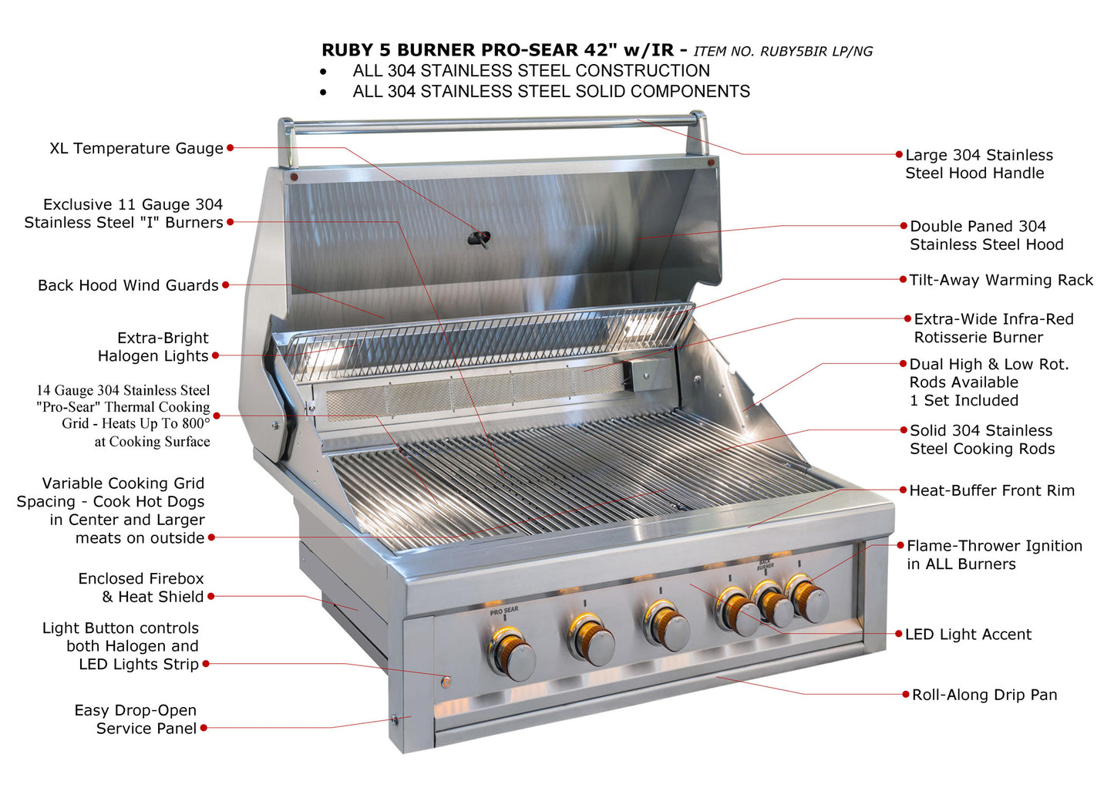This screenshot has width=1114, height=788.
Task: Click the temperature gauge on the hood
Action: point(480,238)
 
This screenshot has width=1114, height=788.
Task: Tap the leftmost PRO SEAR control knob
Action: point(511,653)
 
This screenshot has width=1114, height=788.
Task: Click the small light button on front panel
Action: point(446,682)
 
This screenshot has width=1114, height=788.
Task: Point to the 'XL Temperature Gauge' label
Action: point(136,148)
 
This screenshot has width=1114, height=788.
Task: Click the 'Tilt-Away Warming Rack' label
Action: point(1001,280)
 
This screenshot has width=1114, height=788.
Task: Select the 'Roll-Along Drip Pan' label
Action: point(984,695)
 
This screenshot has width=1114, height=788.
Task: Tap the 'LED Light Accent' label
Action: point(968,635)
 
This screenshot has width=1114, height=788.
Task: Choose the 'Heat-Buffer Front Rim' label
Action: point(991,490)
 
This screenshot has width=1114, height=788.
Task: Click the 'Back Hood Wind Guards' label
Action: point(128,285)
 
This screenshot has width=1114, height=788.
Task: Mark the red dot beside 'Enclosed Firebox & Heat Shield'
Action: point(211,596)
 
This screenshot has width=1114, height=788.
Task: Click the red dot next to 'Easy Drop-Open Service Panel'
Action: point(204,727)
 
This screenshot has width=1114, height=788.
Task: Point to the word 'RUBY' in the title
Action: point(347,50)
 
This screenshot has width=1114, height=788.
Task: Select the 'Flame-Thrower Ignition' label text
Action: point(995,546)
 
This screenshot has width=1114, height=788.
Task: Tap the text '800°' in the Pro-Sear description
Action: point(196,423)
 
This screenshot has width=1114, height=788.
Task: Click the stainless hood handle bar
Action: point(493,123)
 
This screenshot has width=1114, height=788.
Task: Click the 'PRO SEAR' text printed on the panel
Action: point(504,611)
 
